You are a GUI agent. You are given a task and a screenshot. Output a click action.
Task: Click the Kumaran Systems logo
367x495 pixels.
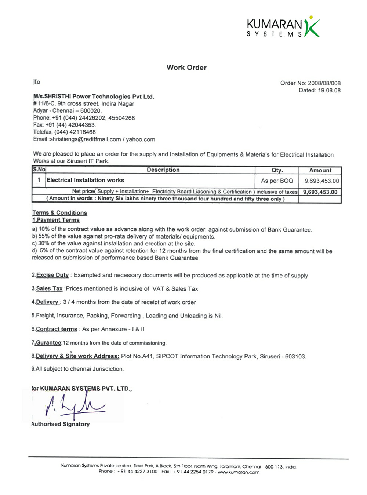(283, 27)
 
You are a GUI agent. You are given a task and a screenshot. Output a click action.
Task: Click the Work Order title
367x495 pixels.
(186, 68)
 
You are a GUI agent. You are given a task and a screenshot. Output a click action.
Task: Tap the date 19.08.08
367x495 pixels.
(329, 91)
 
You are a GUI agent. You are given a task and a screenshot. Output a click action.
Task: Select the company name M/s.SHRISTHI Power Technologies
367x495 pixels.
(94, 97)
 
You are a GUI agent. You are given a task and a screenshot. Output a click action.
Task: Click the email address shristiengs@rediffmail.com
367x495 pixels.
(85, 139)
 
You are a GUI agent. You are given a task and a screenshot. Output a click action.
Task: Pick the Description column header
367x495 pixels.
(163, 170)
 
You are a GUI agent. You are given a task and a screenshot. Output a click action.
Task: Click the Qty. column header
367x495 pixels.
(277, 170)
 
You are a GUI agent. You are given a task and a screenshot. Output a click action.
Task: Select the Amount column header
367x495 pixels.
(320, 170)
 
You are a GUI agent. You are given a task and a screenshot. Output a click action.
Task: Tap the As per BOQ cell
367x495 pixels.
(277, 181)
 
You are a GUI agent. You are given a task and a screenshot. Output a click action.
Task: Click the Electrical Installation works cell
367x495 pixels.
(86, 180)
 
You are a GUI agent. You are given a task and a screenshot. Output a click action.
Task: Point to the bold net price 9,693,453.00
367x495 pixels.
(320, 192)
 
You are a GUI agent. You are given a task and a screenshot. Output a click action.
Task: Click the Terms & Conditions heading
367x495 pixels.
(60, 213)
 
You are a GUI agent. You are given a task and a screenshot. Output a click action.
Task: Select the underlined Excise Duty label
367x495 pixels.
(52, 275)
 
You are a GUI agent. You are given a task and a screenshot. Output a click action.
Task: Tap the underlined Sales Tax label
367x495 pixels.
(49, 289)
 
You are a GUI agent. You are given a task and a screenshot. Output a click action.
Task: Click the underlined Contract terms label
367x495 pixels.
(57, 329)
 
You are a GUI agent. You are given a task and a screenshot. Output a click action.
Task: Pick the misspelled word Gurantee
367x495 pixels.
(48, 343)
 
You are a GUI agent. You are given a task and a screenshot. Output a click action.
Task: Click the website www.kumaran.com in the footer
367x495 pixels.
(239, 472)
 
